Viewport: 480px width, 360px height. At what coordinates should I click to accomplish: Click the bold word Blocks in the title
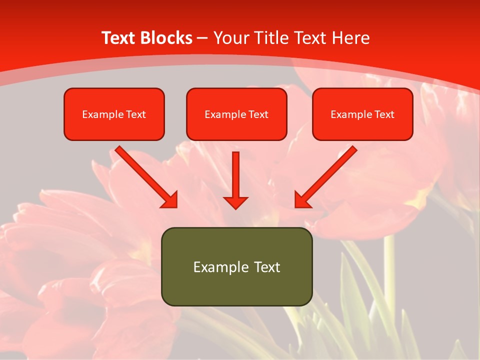click(x=166, y=38)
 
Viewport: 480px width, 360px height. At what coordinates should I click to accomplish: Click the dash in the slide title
click(x=202, y=38)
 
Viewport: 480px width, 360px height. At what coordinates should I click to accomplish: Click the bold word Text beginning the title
click(x=119, y=38)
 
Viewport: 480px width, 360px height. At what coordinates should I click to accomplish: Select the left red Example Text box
click(x=114, y=114)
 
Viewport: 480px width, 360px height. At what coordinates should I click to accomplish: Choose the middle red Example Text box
click(x=236, y=114)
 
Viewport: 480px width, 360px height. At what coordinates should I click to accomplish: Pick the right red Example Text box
click(x=362, y=114)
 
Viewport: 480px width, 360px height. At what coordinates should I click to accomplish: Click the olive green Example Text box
click(x=236, y=266)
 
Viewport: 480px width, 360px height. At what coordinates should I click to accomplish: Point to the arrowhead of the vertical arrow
click(x=235, y=202)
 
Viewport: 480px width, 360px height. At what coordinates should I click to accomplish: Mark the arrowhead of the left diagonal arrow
click(x=170, y=200)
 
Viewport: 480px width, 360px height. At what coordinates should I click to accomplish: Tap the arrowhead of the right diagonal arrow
click(x=302, y=200)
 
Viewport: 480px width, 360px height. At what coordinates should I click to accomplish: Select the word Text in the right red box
click(x=384, y=114)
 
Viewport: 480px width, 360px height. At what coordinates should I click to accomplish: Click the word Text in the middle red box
click(x=258, y=114)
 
